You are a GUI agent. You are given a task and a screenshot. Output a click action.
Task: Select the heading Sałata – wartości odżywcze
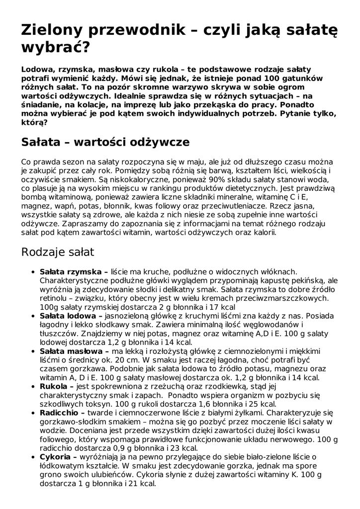click(105, 142)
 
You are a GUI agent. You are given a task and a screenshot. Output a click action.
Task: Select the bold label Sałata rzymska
click(72, 272)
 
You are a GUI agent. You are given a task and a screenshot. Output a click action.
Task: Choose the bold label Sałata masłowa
click(72, 351)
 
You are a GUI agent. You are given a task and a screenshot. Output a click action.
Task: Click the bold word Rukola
click(54, 386)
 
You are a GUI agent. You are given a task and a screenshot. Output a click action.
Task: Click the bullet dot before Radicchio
click(33, 413)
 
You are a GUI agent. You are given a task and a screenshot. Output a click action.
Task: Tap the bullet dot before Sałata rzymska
click(33, 272)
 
